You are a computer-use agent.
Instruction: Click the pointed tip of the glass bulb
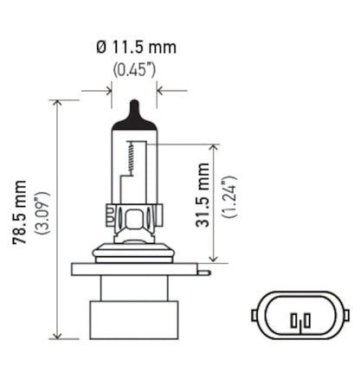click(x=134, y=106)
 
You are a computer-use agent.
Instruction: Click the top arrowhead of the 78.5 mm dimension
click(x=59, y=104)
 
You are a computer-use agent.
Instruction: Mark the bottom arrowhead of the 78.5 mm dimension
click(x=59, y=336)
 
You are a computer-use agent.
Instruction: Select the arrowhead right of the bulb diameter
click(x=163, y=89)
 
